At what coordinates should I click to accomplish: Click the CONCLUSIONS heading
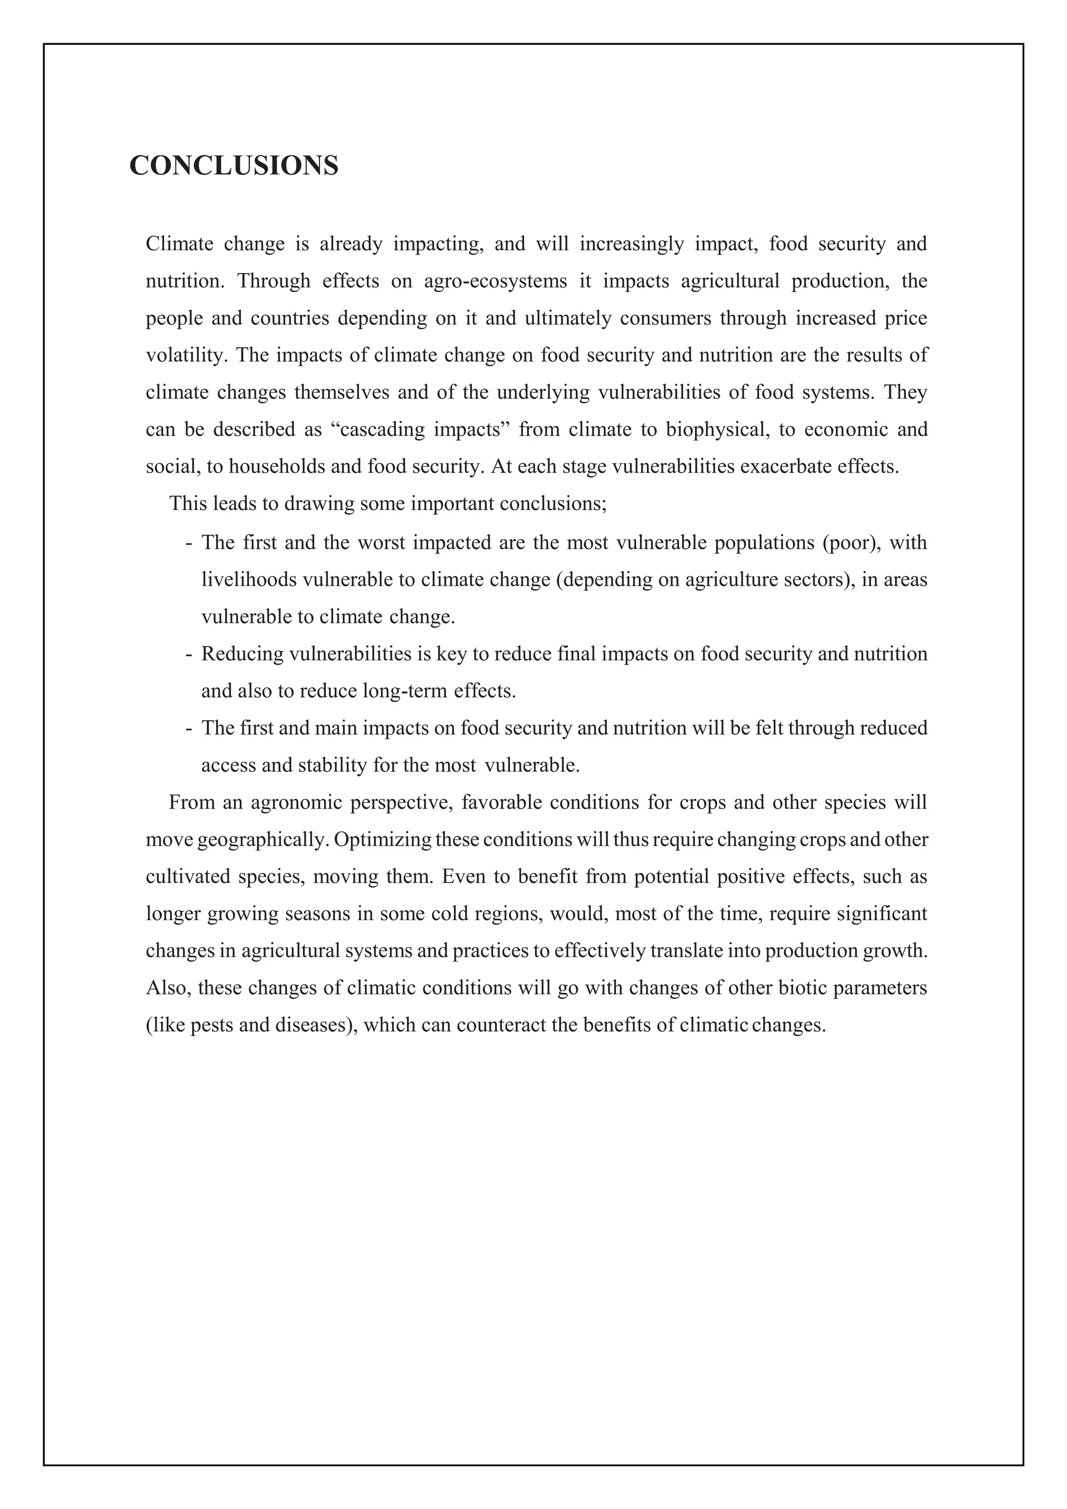coord(234,166)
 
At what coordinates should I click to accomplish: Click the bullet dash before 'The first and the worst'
coord(189,543)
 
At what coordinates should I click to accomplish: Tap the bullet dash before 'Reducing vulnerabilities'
coord(189,654)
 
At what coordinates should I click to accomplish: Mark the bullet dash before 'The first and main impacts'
coord(189,728)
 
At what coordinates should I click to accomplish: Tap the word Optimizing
coord(382,840)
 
